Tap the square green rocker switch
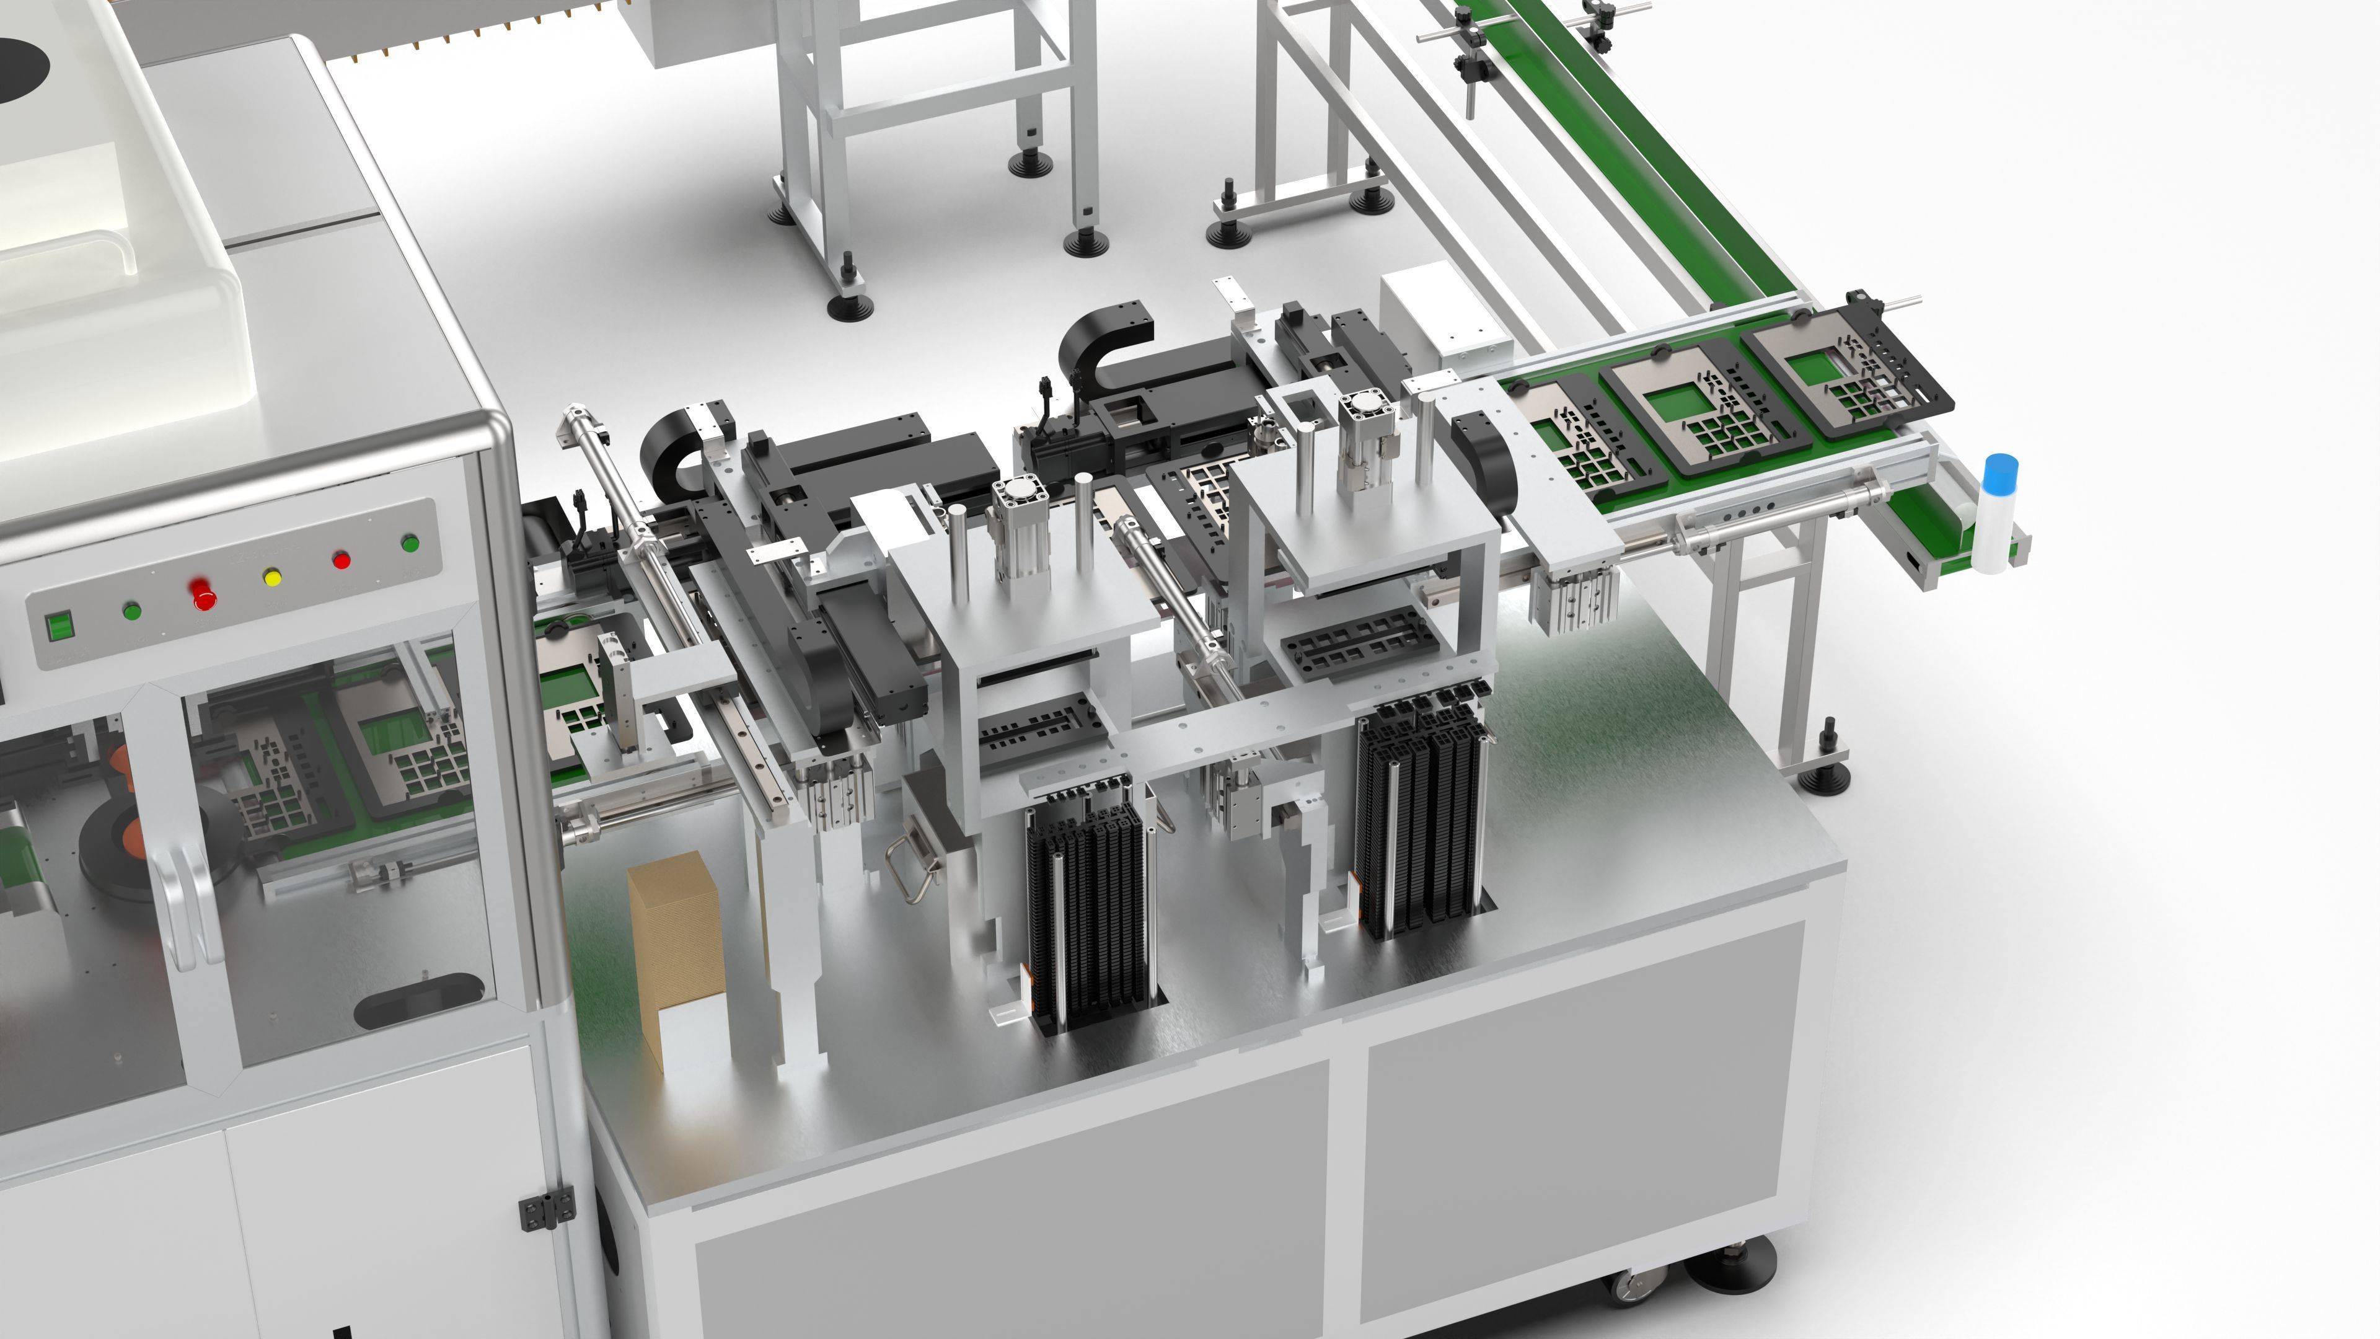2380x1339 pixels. tap(59, 625)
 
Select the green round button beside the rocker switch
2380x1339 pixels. tap(131, 610)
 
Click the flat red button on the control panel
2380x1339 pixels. tap(341, 559)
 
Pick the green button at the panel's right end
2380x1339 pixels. tap(410, 544)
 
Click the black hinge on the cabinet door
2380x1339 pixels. tap(546, 1209)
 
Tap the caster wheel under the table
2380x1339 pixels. tap(1638, 1284)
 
